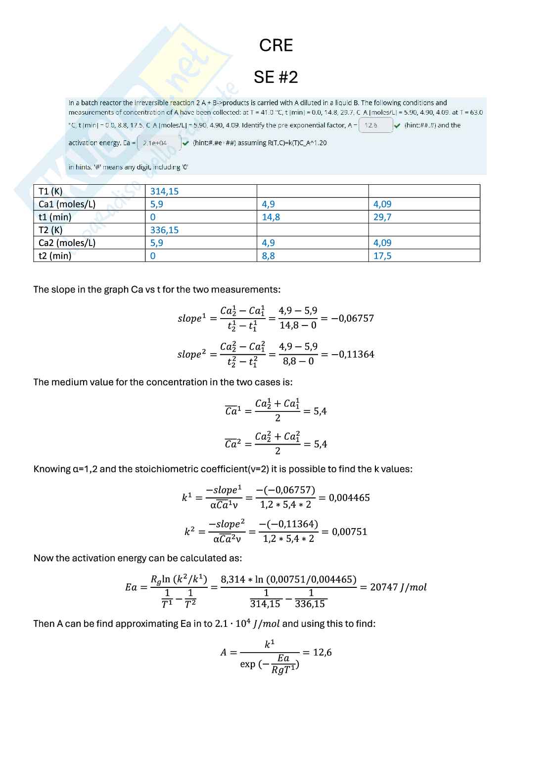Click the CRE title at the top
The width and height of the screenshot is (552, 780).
[276, 45]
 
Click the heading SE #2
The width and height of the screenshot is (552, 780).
[276, 77]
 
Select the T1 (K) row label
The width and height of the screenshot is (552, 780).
[50, 191]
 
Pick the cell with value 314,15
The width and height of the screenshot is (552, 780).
[164, 191]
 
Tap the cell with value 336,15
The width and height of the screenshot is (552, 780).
[164, 230]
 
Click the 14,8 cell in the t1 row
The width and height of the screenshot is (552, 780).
[271, 217]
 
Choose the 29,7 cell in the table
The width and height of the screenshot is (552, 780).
[382, 217]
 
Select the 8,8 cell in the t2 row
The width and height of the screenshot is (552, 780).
[268, 255]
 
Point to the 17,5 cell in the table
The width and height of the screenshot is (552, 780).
[382, 255]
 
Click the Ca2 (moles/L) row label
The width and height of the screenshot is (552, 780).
[67, 243]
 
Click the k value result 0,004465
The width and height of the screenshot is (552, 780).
[349, 497]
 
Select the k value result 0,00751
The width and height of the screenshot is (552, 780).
[349, 532]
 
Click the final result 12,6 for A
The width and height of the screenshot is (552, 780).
[322, 652]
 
